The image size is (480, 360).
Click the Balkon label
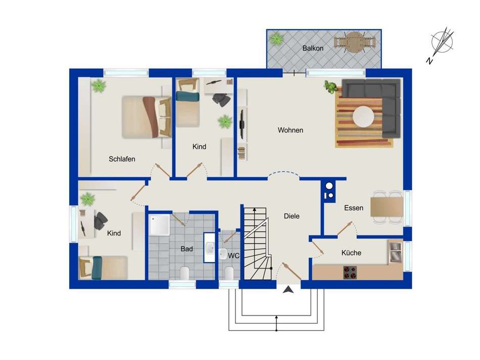click(313, 48)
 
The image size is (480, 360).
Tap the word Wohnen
click(291, 130)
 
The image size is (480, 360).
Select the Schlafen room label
click(122, 159)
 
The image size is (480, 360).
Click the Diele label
click(292, 216)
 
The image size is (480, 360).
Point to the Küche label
click(351, 253)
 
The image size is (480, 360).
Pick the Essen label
click(354, 208)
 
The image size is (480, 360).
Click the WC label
click(233, 255)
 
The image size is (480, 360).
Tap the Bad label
click(187, 249)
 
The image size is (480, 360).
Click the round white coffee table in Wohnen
click(363, 117)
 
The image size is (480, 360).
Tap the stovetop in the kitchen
click(350, 273)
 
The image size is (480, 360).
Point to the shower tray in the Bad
click(159, 225)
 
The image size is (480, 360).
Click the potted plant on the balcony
click(277, 39)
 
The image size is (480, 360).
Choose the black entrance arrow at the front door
click(288, 290)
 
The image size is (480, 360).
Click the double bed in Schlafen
click(147, 117)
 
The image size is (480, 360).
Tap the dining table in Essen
click(387, 207)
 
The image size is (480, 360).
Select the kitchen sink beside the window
click(395, 251)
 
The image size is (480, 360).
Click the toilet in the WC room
click(229, 273)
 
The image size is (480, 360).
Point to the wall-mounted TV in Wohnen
click(242, 124)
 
